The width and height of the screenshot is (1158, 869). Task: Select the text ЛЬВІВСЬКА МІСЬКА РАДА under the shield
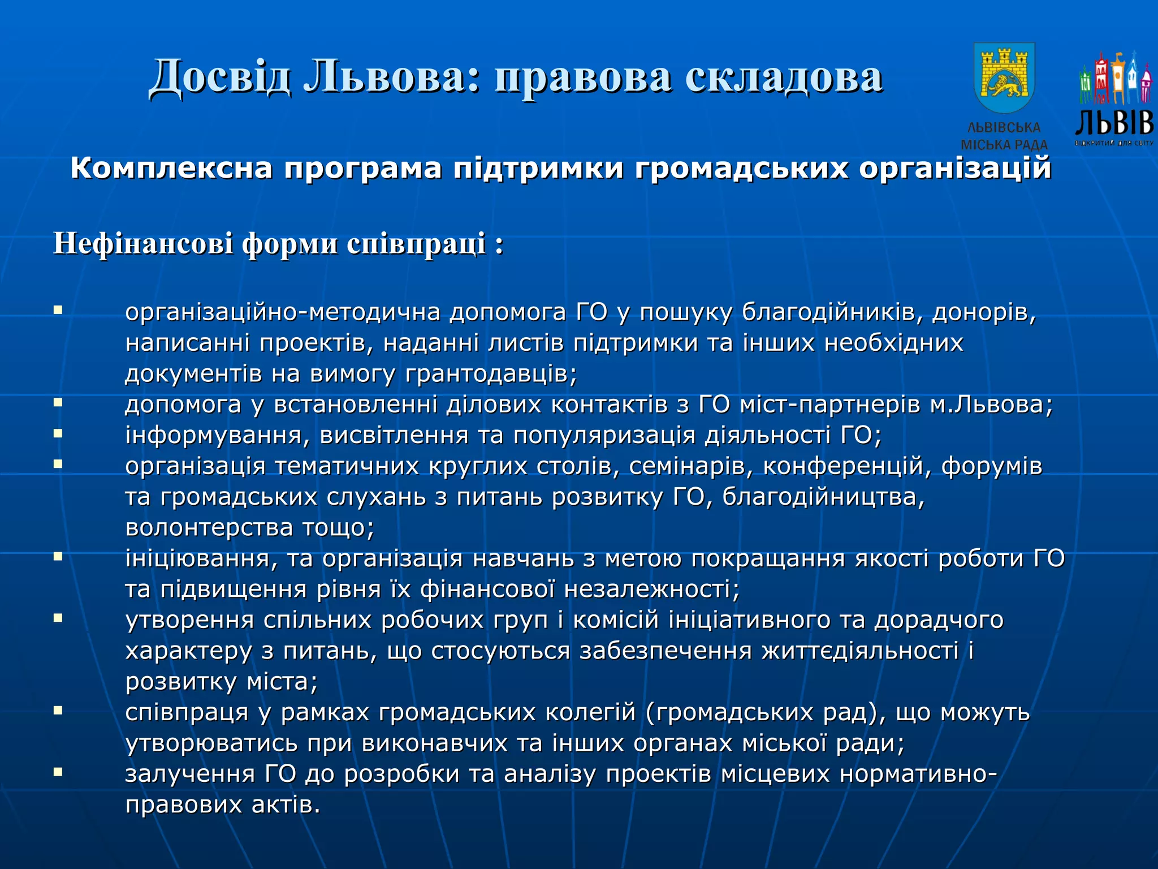tap(1004, 136)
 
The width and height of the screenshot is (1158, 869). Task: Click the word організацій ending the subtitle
tap(955, 169)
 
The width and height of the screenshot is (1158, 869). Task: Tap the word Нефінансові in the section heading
tap(142, 244)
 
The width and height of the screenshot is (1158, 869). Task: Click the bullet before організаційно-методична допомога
tap(58, 310)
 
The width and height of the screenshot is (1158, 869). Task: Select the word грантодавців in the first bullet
tap(490, 374)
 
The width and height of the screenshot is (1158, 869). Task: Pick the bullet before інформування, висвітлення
tap(58, 433)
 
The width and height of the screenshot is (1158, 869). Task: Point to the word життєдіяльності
tap(859, 651)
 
